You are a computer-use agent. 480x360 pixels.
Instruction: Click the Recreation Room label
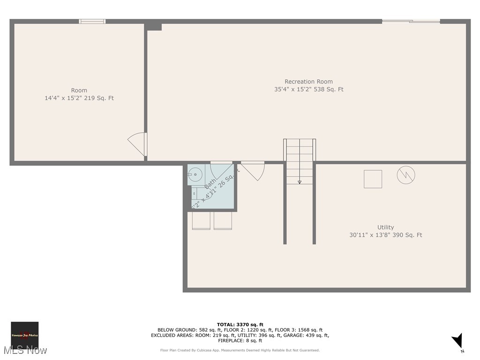308,82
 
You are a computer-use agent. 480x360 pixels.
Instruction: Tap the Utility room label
385,227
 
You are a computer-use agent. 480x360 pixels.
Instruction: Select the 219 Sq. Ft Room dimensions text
79,98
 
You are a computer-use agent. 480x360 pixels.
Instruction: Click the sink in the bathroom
195,175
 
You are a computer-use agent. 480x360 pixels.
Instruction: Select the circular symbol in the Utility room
406,175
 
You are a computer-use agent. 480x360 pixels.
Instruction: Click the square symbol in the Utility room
373,179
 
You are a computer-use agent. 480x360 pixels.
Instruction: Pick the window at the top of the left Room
92,21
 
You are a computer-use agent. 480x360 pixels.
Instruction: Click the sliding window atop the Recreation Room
411,21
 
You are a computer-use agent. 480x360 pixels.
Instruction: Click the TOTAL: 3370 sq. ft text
240,324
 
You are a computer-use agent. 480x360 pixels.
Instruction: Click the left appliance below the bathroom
201,220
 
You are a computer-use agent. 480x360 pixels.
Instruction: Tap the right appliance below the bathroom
223,220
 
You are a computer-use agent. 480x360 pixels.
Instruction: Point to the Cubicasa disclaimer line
240,350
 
